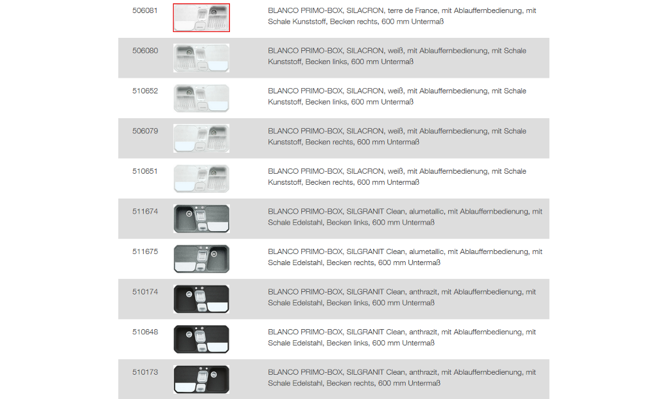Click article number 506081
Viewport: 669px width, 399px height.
pyautogui.click(x=145, y=10)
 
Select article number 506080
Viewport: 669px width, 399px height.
pyautogui.click(x=145, y=51)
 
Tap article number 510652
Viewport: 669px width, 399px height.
pyautogui.click(x=145, y=91)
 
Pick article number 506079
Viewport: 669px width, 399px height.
pyautogui.click(x=145, y=131)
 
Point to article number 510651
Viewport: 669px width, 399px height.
pyautogui.click(x=145, y=171)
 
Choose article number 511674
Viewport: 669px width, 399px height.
pyautogui.click(x=145, y=212)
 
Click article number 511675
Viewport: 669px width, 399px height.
pyautogui.click(x=145, y=251)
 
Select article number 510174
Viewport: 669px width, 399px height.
pyautogui.click(x=145, y=292)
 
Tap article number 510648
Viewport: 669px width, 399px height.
pyautogui.click(x=145, y=332)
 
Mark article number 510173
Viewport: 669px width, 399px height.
pyautogui.click(x=145, y=372)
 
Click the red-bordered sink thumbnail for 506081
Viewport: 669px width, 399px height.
pyautogui.click(x=201, y=18)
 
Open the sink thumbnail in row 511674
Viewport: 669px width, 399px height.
pyautogui.click(x=201, y=219)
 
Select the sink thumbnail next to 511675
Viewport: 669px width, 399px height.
pyautogui.click(x=201, y=259)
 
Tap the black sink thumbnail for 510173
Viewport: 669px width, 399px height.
pyautogui.click(x=201, y=379)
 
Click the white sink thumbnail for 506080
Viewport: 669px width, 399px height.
pyautogui.click(x=201, y=58)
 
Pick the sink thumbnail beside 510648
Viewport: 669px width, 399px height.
pyautogui.click(x=201, y=340)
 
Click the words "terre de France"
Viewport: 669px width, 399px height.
pyautogui.click(x=413, y=10)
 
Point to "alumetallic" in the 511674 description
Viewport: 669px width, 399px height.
pyautogui.click(x=426, y=212)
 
